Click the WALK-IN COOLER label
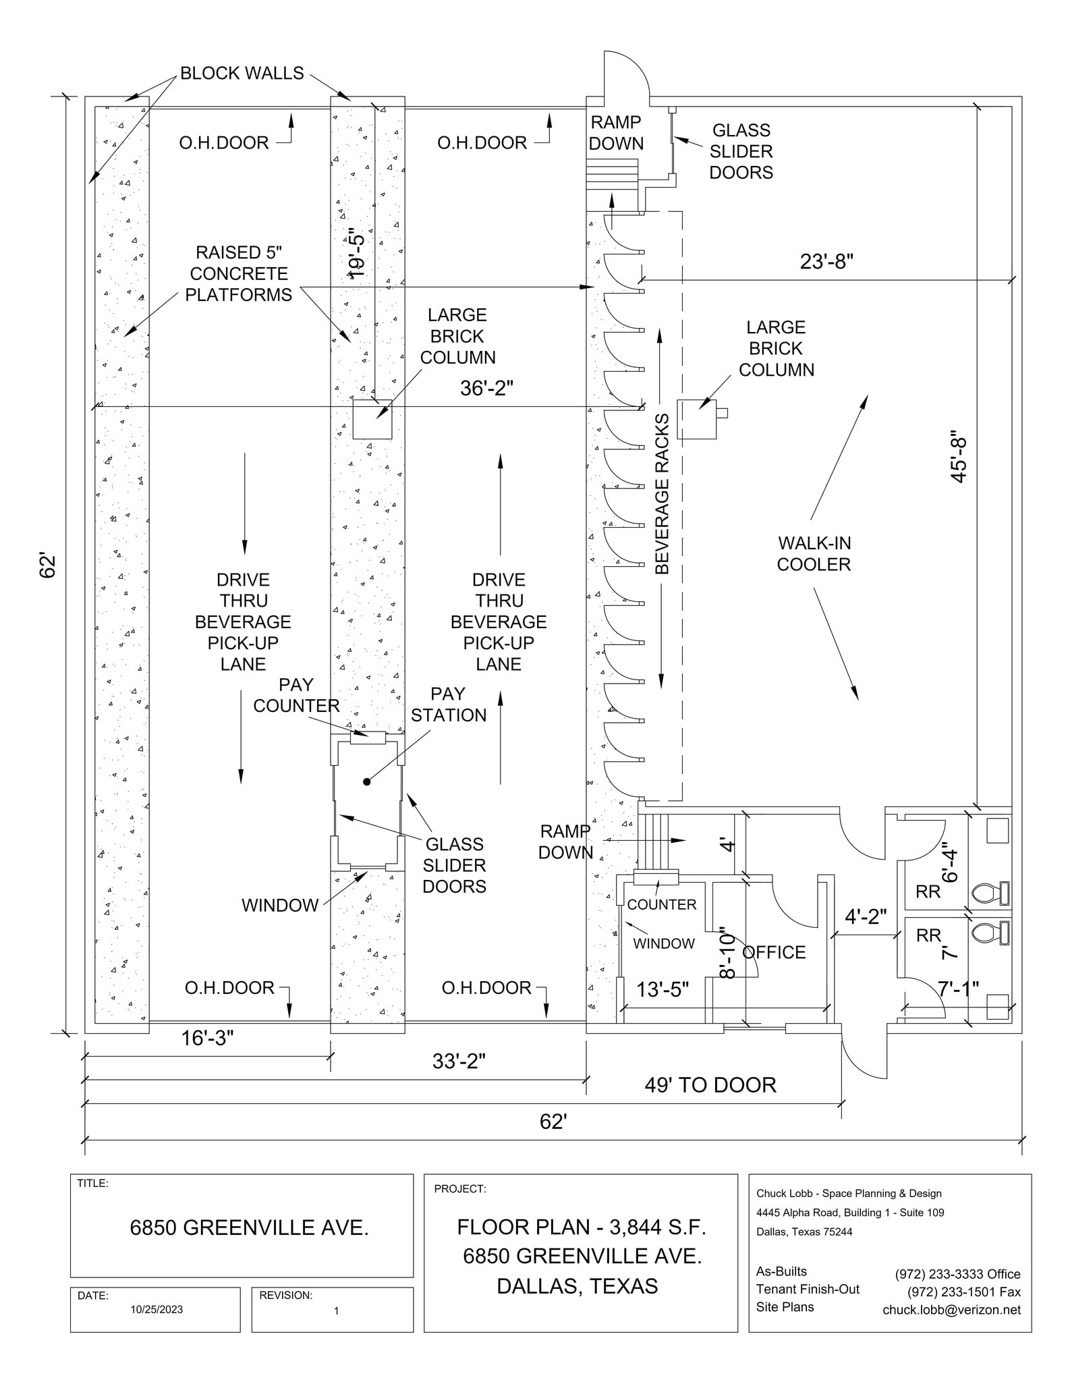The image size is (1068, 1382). [x=814, y=553]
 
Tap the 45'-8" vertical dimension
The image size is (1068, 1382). [x=959, y=457]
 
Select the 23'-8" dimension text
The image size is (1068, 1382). [x=826, y=261]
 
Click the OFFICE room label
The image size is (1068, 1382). [x=774, y=952]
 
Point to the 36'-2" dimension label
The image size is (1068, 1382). [x=486, y=388]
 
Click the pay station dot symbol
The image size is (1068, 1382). [x=367, y=782]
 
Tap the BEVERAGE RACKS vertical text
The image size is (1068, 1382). [x=663, y=494]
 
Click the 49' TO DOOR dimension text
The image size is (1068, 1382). [x=710, y=1085]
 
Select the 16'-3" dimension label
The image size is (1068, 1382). [x=207, y=1038]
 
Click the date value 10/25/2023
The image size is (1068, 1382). [x=157, y=1309]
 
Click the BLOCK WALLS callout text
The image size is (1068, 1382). [x=242, y=73]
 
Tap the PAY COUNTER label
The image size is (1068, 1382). [x=296, y=695]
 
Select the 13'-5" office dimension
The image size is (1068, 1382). [x=663, y=989]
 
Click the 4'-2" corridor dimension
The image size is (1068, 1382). [x=866, y=916]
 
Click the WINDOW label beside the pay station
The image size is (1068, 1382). [x=280, y=906]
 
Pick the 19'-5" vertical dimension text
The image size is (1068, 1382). [x=357, y=253]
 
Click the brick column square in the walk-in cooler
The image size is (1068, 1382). [x=696, y=420]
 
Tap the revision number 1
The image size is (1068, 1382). [x=336, y=1310]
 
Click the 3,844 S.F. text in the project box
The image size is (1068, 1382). [x=657, y=1227]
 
